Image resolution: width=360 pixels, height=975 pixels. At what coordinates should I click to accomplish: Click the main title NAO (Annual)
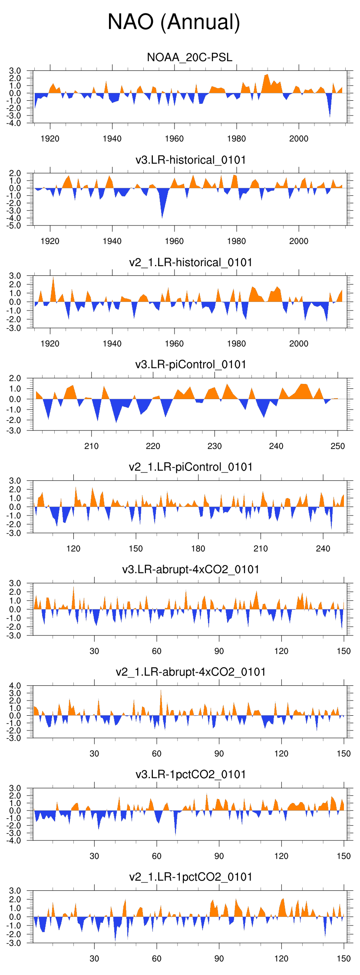(x=174, y=22)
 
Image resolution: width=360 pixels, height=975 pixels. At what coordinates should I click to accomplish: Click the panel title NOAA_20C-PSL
(x=190, y=57)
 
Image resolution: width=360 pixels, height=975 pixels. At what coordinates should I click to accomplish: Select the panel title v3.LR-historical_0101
(x=191, y=160)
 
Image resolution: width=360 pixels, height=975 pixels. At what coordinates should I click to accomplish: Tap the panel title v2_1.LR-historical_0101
(x=191, y=262)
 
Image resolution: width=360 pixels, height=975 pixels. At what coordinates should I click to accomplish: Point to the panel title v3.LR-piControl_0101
(x=191, y=364)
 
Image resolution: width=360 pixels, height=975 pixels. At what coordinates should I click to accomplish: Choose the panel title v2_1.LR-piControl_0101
(x=191, y=467)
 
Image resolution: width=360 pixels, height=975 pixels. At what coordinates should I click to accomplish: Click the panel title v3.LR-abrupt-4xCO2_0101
(x=191, y=569)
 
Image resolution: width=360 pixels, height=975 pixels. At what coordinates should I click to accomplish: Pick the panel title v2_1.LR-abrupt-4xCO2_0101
(x=191, y=672)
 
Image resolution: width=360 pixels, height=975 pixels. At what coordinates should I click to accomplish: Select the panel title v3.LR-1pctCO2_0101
(x=191, y=774)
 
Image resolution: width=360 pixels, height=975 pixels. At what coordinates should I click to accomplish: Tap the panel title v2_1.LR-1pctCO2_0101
(x=191, y=877)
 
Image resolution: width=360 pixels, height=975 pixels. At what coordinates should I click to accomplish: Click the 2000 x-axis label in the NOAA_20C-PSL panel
(x=299, y=139)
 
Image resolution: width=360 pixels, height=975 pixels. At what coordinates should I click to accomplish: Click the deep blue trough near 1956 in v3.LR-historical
(x=162, y=208)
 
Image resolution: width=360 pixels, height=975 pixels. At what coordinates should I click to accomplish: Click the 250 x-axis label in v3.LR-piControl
(x=338, y=446)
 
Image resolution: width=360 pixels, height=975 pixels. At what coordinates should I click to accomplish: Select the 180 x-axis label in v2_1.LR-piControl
(x=198, y=549)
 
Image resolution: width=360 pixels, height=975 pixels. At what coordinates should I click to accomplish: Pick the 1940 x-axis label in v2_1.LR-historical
(x=112, y=344)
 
